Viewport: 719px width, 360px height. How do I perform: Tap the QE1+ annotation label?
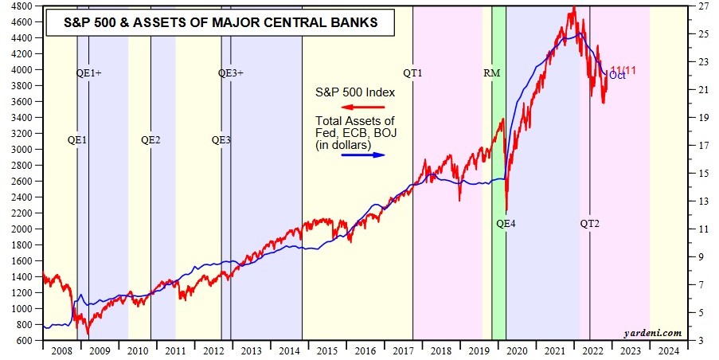[88, 73]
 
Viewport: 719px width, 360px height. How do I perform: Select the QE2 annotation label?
[150, 140]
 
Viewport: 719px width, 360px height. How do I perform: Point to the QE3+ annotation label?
[231, 73]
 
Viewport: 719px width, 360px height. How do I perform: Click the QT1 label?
[412, 73]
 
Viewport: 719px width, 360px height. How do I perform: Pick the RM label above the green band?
[491, 73]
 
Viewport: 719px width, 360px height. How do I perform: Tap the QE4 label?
[506, 224]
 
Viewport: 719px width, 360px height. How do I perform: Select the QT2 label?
[589, 224]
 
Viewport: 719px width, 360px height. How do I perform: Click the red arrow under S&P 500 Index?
[362, 107]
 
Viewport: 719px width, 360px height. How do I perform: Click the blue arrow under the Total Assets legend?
[362, 154]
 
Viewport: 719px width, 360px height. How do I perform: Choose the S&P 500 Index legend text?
[355, 92]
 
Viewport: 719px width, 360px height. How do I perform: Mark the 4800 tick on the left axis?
[23, 6]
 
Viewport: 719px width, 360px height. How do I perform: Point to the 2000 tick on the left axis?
[23, 229]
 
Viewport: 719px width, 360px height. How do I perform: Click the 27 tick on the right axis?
[703, 6]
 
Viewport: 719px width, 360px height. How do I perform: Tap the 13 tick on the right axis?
[703, 202]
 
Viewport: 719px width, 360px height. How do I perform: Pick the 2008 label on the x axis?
[61, 350]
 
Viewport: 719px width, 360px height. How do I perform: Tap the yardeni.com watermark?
[658, 333]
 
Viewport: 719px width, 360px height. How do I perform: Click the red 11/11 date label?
[623, 70]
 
